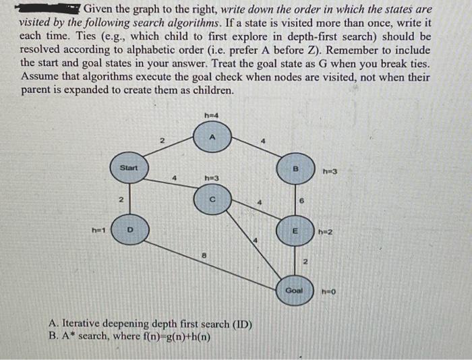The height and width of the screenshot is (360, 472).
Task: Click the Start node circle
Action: click(x=128, y=171)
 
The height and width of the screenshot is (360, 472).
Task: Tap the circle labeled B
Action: click(x=294, y=168)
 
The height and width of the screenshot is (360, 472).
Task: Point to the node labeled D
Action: click(x=128, y=230)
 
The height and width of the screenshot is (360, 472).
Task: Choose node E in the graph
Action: click(x=294, y=230)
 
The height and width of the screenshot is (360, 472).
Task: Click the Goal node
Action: click(x=295, y=291)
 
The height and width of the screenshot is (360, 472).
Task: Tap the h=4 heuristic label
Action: click(x=210, y=116)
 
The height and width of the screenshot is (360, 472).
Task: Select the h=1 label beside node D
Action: click(x=96, y=229)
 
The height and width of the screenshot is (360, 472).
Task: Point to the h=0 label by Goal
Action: click(x=328, y=292)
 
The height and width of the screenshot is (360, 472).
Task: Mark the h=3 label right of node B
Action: click(x=330, y=171)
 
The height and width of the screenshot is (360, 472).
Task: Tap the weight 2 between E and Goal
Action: click(x=304, y=261)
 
